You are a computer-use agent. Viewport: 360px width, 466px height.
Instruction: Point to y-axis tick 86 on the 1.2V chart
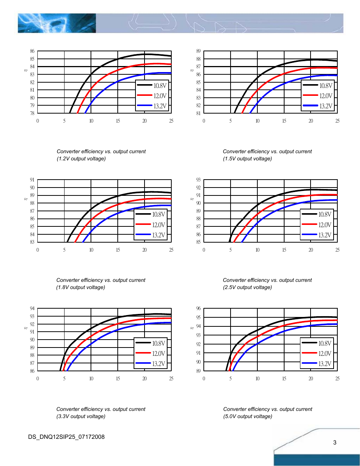click(32, 51)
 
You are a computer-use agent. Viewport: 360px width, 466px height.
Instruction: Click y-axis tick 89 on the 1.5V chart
click(198, 51)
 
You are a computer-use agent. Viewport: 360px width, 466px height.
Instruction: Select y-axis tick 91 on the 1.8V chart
click(32, 180)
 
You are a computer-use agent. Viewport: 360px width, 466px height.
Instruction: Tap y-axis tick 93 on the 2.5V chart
click(198, 180)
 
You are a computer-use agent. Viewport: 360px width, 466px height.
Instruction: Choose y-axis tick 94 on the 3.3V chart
click(32, 309)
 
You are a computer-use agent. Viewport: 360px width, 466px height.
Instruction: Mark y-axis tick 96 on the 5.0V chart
click(198, 309)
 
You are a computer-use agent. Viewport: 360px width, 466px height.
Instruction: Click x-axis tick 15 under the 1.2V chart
click(118, 121)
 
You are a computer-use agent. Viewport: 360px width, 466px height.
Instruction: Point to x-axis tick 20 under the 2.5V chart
click(311, 250)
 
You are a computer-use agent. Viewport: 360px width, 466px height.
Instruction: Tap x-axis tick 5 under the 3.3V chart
click(64, 378)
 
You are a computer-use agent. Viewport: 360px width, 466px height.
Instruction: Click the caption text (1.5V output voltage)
click(247, 158)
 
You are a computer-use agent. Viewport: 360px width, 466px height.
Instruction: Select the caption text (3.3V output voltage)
click(81, 416)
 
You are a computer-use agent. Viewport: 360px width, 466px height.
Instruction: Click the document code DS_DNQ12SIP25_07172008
click(66, 437)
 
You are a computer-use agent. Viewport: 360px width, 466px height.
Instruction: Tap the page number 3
click(335, 443)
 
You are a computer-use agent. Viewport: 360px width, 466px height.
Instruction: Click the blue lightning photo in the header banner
click(57, 23)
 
